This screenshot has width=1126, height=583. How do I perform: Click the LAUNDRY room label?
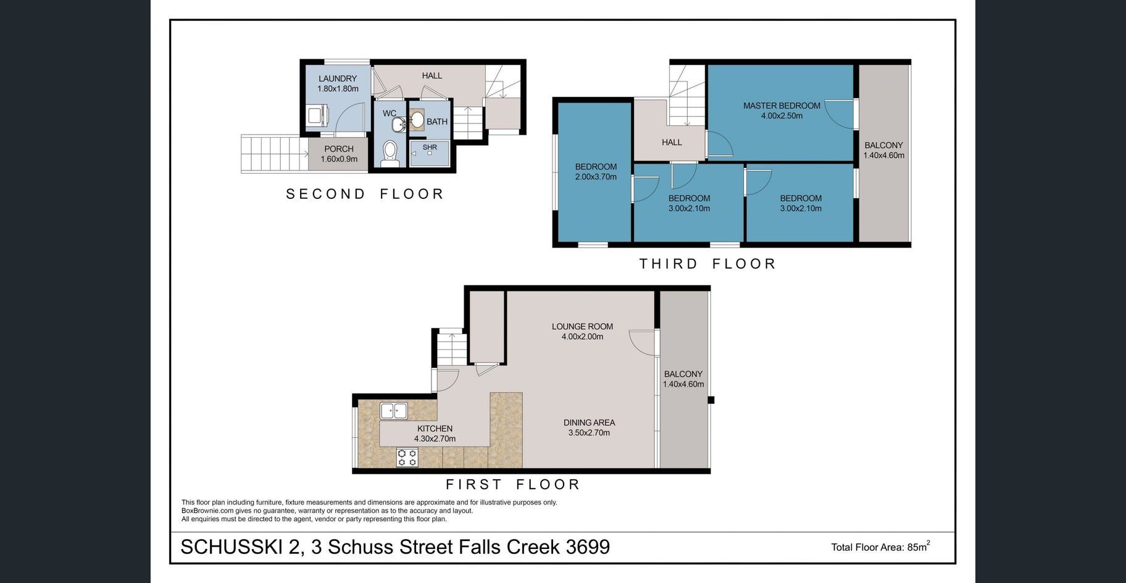tap(338, 78)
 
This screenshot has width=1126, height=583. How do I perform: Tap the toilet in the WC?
tap(390, 153)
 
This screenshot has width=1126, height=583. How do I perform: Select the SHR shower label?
tap(430, 147)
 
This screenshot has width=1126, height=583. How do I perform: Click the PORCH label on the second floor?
tap(339, 149)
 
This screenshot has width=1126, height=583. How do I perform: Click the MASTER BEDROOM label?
tap(782, 106)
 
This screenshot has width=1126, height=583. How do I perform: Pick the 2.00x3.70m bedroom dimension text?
tap(596, 177)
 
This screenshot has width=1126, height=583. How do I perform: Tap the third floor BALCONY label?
tap(883, 145)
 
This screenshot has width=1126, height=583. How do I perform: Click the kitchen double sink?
tap(393, 411)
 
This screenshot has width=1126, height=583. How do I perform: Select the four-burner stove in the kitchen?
tap(407, 458)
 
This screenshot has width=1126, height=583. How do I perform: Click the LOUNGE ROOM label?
tap(582, 327)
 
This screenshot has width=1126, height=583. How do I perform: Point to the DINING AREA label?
tap(589, 422)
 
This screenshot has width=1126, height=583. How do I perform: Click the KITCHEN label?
tap(435, 429)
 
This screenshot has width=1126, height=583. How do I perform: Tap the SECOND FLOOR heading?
tap(365, 194)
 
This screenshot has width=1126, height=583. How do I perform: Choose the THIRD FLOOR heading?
tap(707, 264)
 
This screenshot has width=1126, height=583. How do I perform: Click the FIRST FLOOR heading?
tap(513, 484)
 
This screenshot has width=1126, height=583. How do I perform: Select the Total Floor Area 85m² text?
tap(880, 547)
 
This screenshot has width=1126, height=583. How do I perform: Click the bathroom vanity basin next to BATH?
tap(417, 120)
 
